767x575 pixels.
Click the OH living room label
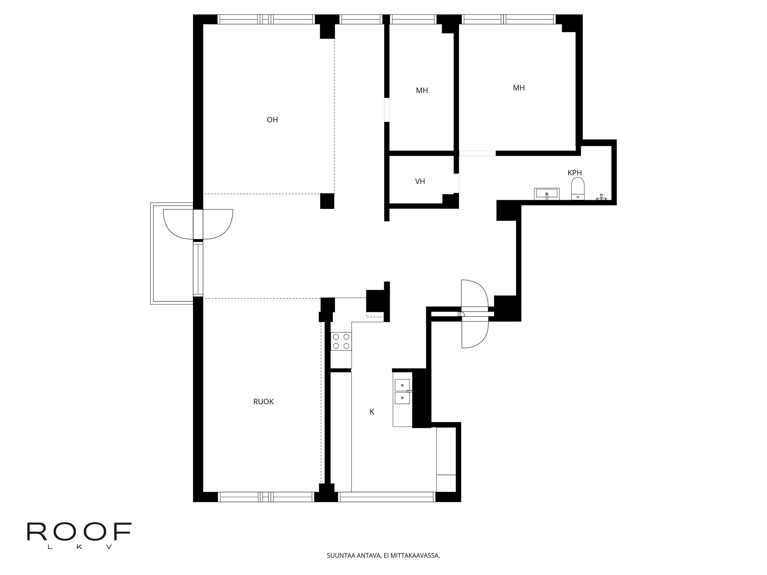pyautogui.click(x=272, y=120)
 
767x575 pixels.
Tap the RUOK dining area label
pyautogui.click(x=263, y=402)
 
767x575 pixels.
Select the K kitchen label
pyautogui.click(x=372, y=412)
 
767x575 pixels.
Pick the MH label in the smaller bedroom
pyautogui.click(x=422, y=90)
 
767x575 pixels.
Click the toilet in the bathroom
pyautogui.click(x=578, y=189)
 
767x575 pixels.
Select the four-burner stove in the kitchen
pyautogui.click(x=341, y=341)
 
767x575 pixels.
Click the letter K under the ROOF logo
pyautogui.click(x=79, y=547)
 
